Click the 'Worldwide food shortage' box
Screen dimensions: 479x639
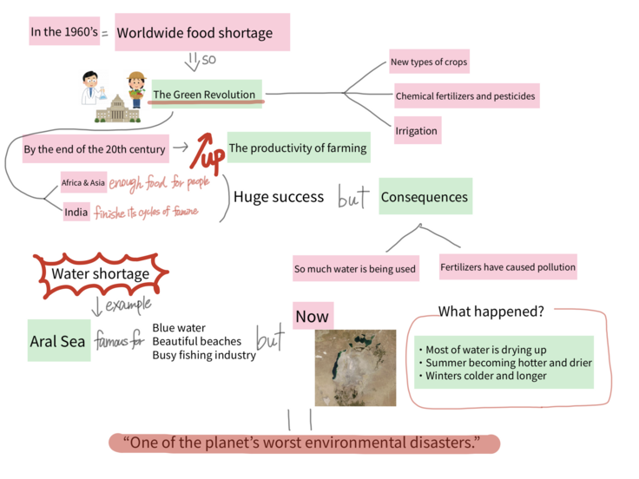201,33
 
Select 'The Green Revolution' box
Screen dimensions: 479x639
205,94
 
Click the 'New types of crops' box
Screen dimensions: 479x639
429,62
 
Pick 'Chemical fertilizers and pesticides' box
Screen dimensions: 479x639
465,95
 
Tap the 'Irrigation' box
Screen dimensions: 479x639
417,130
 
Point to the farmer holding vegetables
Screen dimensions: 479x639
135,87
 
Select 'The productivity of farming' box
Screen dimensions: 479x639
298,148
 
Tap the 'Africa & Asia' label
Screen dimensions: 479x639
83,182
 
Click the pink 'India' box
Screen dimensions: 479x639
76,211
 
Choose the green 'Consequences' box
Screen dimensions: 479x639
425,196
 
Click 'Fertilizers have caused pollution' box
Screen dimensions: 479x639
508,267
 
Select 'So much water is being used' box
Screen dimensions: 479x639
354,268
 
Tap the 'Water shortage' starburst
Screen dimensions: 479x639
100,274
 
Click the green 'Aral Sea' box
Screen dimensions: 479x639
58,341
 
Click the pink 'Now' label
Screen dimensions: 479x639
312,317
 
